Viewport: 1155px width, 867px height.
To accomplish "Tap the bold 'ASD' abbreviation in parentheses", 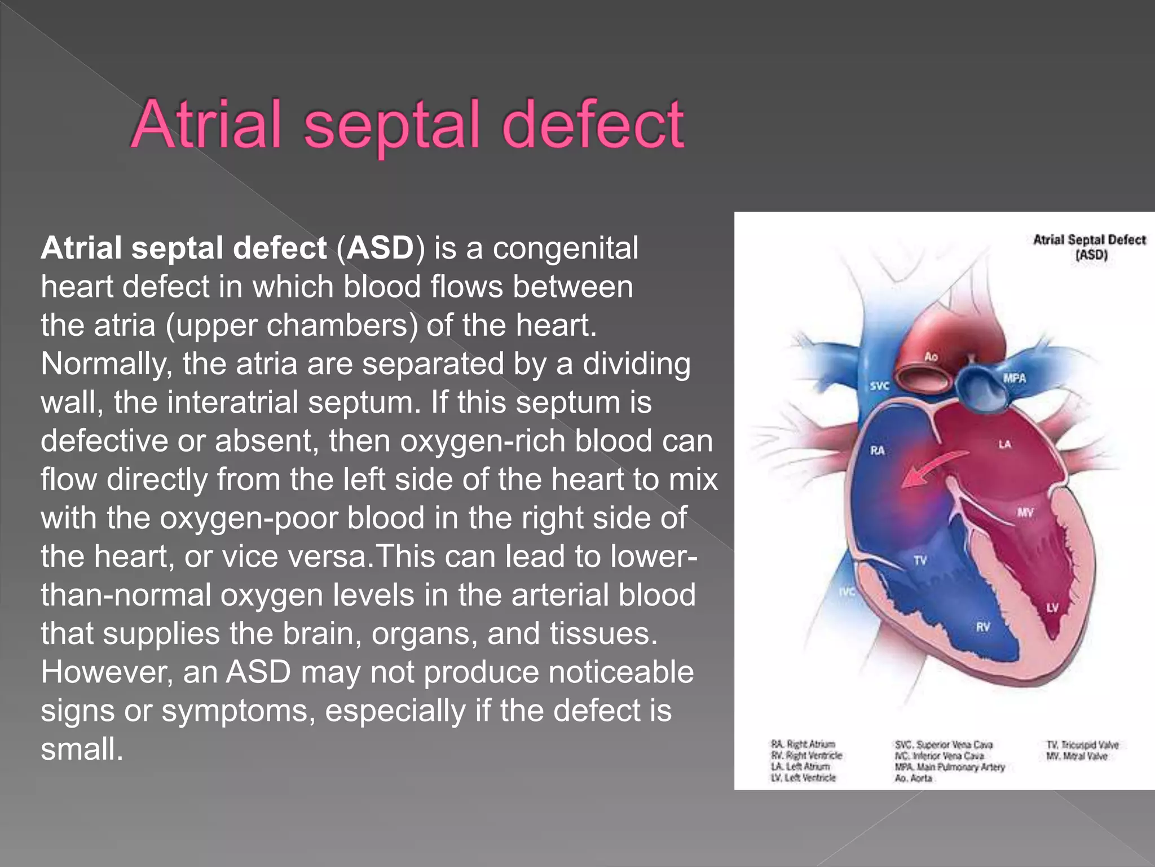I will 381,248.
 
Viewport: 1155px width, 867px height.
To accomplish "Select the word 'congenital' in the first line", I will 566,248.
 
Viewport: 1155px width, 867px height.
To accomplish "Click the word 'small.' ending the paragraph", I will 82,749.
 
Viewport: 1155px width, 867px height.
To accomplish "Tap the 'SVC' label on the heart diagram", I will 879,386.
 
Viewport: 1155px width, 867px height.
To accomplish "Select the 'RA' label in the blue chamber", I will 877,450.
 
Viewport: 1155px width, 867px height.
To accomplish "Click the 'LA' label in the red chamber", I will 1004,445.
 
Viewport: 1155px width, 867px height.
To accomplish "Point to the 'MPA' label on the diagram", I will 1014,378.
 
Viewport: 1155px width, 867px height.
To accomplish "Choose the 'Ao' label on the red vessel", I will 931,357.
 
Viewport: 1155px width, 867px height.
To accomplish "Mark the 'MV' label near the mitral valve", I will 1025,513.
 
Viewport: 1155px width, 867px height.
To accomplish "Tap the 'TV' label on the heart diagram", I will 920,561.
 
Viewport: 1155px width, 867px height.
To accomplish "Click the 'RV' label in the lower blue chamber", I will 982,627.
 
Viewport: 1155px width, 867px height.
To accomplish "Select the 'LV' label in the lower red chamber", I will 1052,608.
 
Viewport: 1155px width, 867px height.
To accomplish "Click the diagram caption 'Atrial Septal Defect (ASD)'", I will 1089,247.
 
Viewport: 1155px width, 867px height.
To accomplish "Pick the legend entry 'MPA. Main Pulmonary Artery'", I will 950,767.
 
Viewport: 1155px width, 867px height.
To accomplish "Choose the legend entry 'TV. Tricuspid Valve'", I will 1082,745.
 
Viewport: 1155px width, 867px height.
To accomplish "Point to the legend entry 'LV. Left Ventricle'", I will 803,778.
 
